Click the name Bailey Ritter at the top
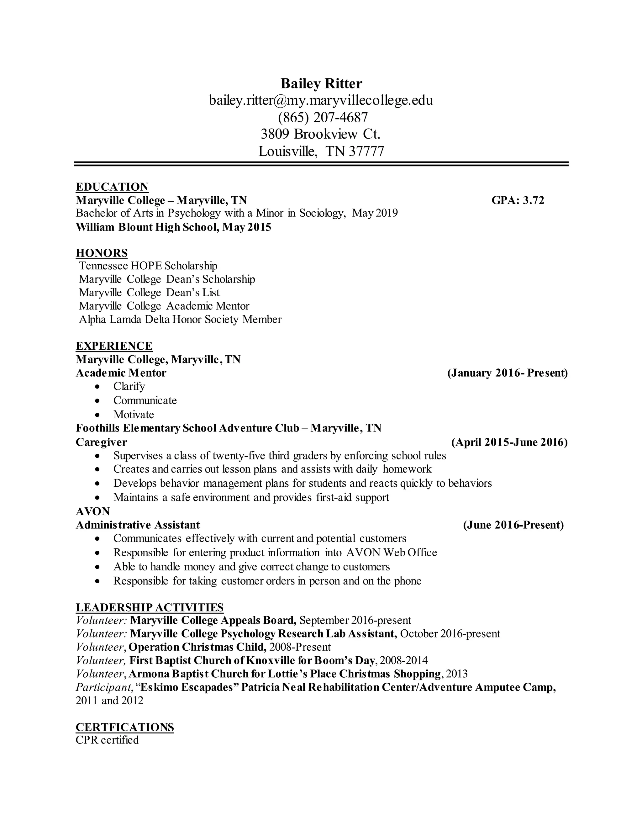(321, 83)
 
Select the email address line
(321, 100)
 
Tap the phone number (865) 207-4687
(323, 117)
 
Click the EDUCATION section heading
(112, 187)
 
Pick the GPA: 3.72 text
(518, 200)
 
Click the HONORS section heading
(102, 253)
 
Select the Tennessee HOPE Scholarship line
(148, 266)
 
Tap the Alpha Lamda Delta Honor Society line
(180, 319)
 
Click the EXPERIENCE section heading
(114, 346)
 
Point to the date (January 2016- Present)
(508, 373)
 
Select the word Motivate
(134, 414)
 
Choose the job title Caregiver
(101, 442)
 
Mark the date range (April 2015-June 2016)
(509, 442)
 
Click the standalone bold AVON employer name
(93, 511)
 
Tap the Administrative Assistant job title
(138, 525)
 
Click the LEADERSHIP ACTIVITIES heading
(150, 607)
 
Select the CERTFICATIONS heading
(125, 727)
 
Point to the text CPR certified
(107, 740)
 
